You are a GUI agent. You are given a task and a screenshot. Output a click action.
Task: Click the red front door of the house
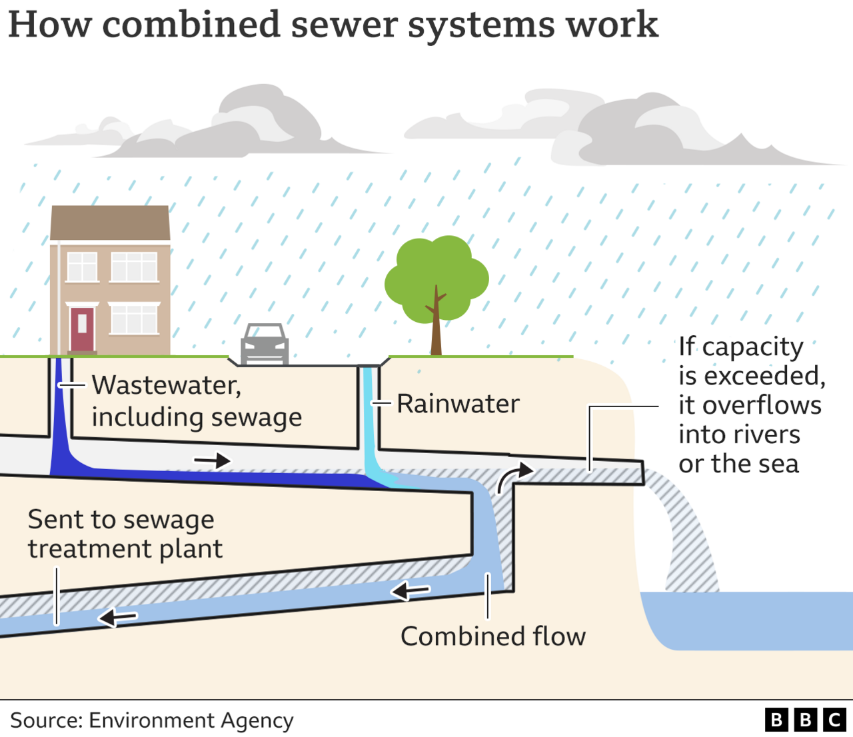pos(82,329)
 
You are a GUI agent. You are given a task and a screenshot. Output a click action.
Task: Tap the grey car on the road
pos(265,345)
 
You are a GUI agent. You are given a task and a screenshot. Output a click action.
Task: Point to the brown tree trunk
pos(436,330)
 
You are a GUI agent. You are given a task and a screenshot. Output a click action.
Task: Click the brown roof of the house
pos(111,223)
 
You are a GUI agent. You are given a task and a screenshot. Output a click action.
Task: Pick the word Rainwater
pos(458,404)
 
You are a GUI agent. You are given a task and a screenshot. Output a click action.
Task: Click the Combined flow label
pos(492,636)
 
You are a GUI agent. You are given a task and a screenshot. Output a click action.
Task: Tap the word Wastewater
pos(166,385)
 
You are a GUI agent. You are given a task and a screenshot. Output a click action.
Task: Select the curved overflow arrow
pos(514,476)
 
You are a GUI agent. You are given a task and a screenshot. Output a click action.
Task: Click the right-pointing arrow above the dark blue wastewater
pos(212,460)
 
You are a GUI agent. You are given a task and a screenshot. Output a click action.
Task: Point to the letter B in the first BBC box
pos(776,720)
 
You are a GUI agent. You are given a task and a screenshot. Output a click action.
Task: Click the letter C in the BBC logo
pos(834,720)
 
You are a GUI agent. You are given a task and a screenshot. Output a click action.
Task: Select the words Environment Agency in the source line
pos(191,720)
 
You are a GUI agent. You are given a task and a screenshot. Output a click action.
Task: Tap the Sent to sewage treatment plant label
pos(124,534)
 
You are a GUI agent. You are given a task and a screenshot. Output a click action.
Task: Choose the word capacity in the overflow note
pos(752,347)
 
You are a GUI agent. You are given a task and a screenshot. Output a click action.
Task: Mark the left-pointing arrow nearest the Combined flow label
pos(410,590)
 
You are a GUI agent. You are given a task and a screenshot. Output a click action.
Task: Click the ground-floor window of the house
pos(134,319)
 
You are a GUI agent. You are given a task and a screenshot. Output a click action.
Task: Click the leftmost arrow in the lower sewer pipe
pos(117,618)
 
